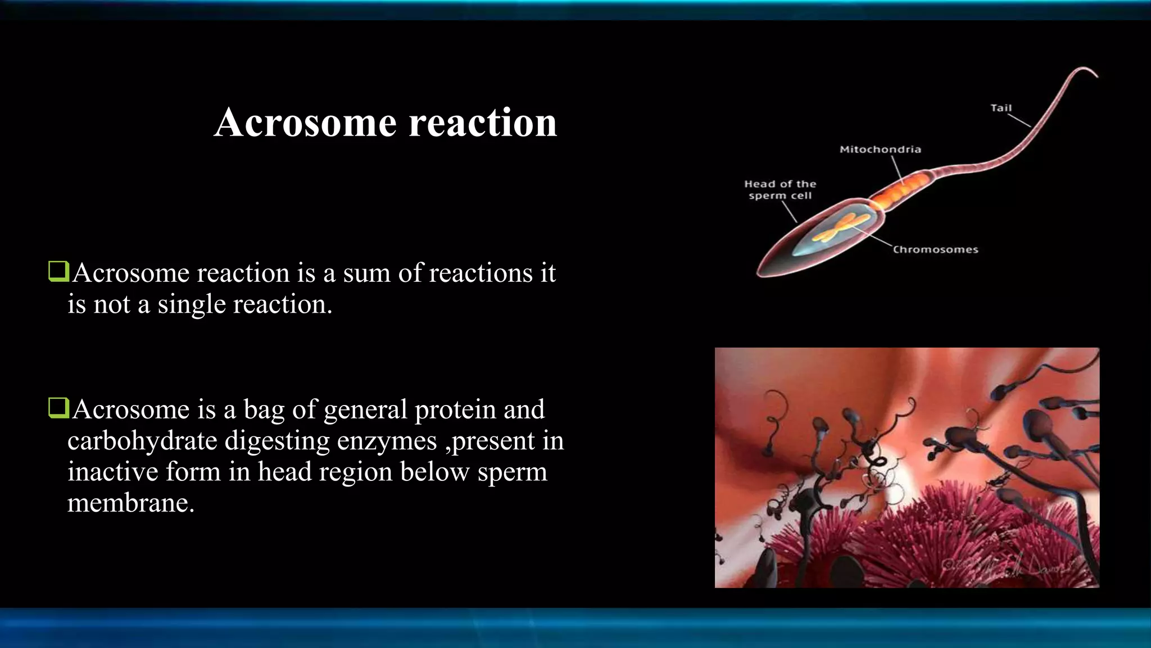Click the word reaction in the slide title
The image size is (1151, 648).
point(483,122)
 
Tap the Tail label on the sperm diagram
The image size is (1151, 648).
point(1000,108)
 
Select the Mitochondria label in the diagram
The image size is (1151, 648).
point(880,150)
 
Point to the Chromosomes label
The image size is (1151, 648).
point(935,250)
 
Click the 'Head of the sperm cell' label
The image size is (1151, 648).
point(780,190)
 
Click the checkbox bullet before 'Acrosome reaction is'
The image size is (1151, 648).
point(58,271)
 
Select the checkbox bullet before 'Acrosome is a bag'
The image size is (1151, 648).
point(58,408)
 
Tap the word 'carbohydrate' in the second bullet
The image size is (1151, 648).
point(142,441)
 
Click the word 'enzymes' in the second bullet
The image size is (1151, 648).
point(387,441)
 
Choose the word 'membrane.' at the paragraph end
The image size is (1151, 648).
point(131,503)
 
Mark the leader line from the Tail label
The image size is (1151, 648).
point(1018,120)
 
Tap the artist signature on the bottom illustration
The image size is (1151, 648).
point(1012,568)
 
